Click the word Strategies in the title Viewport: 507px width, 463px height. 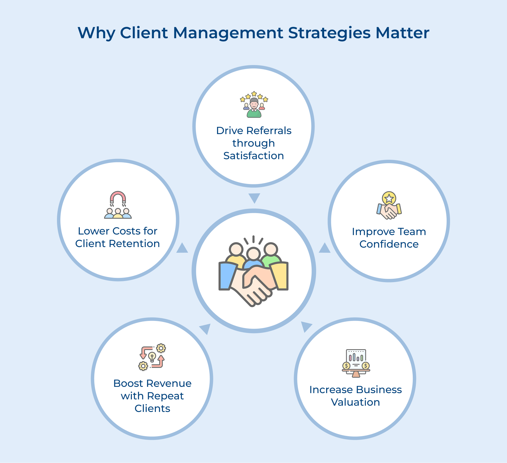[329, 33]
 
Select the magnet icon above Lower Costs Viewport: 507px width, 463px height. [118, 197]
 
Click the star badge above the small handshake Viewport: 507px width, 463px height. [389, 198]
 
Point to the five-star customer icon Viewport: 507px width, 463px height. [254, 105]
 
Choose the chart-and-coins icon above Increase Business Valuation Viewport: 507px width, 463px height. [356, 363]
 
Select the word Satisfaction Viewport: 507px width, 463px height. [254, 156]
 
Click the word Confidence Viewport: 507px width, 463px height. [389, 244]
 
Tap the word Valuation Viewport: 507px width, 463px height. [355, 402]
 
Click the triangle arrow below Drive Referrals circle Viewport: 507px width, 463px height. [254, 197]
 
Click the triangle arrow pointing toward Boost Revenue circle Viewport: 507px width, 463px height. [206, 328]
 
